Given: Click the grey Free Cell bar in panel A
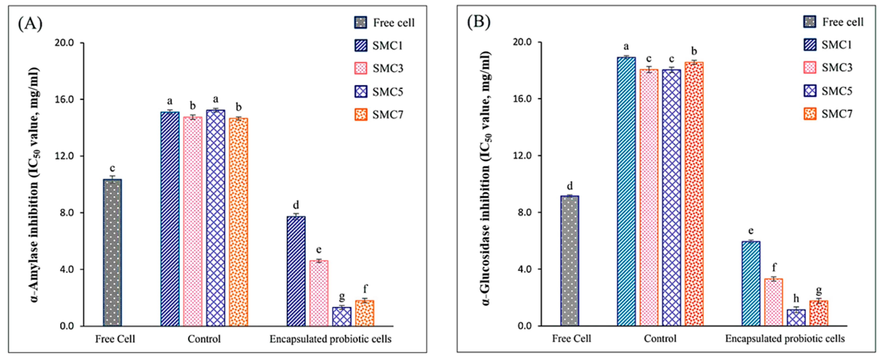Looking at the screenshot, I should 113,253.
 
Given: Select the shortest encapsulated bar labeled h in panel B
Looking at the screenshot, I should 796,318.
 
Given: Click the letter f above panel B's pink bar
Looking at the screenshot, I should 774,267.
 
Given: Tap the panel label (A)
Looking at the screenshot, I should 30,24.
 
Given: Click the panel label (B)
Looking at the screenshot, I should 479,22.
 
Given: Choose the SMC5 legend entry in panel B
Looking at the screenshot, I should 837,91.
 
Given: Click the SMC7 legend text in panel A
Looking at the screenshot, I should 388,115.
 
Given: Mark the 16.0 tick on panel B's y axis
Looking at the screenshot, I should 523,99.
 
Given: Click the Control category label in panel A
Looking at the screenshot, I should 204,339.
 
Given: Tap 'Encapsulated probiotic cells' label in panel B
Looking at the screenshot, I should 785,339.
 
